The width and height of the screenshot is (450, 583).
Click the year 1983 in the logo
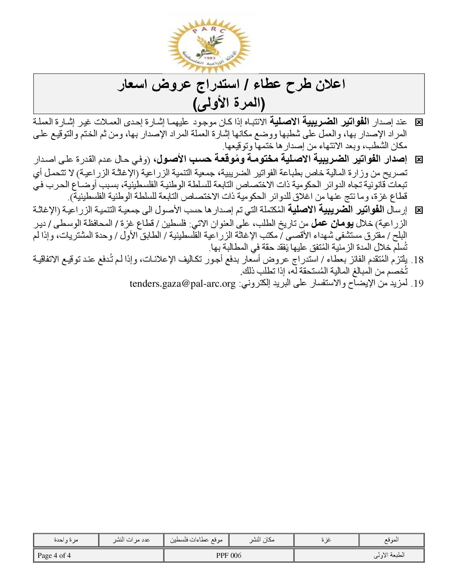pyautogui.click(x=210, y=58)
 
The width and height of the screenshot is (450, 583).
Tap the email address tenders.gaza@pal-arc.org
pyautogui.click(x=183, y=283)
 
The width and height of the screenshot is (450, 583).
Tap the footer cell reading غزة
pyautogui.click(x=326, y=540)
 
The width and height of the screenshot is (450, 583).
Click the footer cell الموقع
pyautogui.click(x=391, y=540)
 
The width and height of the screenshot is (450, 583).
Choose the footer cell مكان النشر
pyautogui.click(x=262, y=540)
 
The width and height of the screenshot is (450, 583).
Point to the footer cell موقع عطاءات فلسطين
pyautogui.click(x=196, y=540)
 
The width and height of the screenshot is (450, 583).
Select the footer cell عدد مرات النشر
pyautogui.click(x=131, y=540)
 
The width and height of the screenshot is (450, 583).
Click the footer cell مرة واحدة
pyautogui.click(x=66, y=540)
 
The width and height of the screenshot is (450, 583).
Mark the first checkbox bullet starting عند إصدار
pyautogui.click(x=419, y=122)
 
